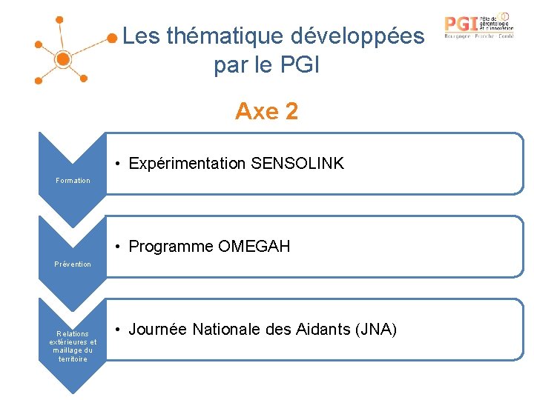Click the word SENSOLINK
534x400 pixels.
tap(297, 164)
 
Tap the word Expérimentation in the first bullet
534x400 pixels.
tap(188, 164)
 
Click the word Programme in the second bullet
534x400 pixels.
tap(171, 247)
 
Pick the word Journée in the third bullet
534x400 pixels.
tap(156, 329)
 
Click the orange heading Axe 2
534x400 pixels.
tap(266, 111)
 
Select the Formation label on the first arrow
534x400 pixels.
tap(73, 181)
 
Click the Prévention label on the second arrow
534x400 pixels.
tap(73, 264)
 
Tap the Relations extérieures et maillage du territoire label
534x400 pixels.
tap(73, 346)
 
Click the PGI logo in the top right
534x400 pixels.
tap(478, 25)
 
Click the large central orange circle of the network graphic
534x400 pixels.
tap(63, 58)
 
